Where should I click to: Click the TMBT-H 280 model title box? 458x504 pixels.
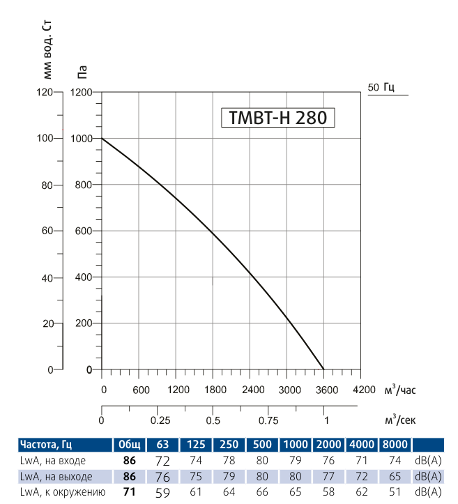point(277,118)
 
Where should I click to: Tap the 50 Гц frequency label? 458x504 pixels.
point(381,87)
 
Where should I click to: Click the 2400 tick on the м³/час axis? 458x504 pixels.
point(251,389)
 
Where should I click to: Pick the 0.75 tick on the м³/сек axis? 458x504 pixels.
point(268,420)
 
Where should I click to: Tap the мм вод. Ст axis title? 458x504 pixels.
point(47,45)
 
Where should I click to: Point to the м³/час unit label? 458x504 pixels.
point(399,389)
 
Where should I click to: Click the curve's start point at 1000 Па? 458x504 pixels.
point(102,138)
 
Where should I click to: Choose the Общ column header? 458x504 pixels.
point(129,445)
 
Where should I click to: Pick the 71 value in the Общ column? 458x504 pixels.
point(129,493)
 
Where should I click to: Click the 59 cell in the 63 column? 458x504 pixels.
point(162,493)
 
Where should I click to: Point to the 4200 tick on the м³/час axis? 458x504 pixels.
point(362,389)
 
